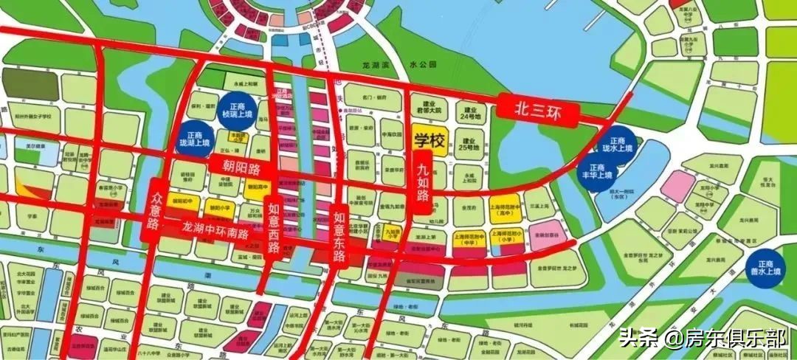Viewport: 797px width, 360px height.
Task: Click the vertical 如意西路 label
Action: pyautogui.click(x=274, y=221)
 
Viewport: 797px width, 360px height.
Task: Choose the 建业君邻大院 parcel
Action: pyautogui.click(x=426, y=108)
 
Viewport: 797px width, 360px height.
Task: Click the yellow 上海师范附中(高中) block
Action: pyautogui.click(x=506, y=209)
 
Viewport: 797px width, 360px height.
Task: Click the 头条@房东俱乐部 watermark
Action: pyautogui.click(x=703, y=339)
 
